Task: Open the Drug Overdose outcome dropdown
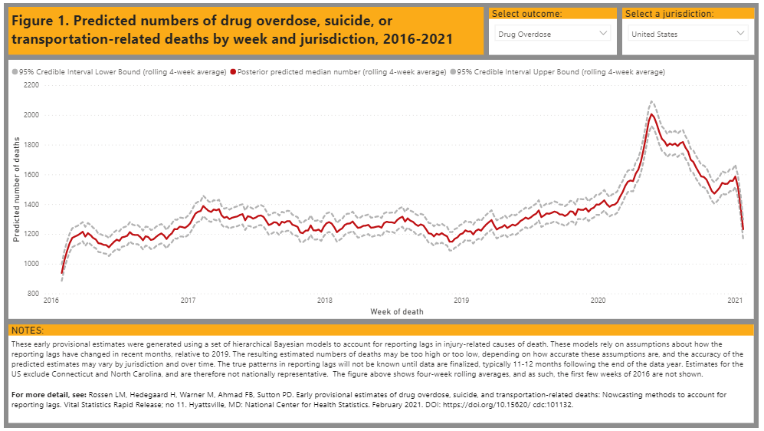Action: [x=551, y=34]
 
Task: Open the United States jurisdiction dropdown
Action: [x=688, y=34]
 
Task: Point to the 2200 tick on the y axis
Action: [x=31, y=85]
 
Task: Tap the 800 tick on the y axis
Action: [x=33, y=294]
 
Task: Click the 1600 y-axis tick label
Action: [x=31, y=175]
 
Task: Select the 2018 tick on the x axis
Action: [x=324, y=301]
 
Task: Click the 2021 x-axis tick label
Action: [x=736, y=301]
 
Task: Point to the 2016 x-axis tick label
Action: [x=51, y=301]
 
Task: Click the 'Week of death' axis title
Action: [x=396, y=311]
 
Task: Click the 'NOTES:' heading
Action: [x=28, y=331]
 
